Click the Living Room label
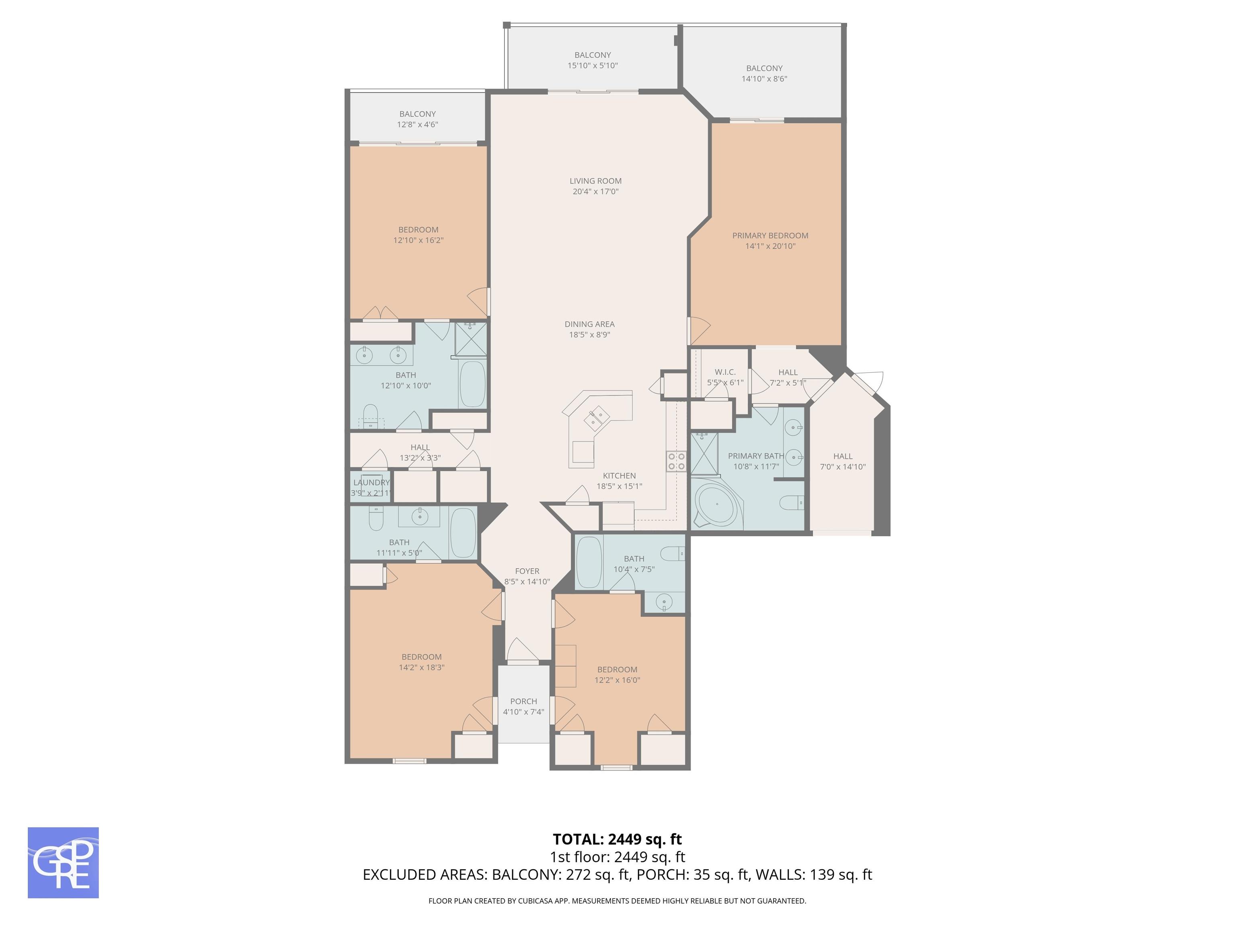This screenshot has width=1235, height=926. pyautogui.click(x=595, y=181)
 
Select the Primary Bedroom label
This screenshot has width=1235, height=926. pyautogui.click(x=770, y=236)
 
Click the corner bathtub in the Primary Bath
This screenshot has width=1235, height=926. pyautogui.click(x=716, y=507)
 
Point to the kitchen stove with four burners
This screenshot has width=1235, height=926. pyautogui.click(x=676, y=461)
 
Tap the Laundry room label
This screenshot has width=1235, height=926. pyautogui.click(x=371, y=482)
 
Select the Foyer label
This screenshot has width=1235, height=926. pyautogui.click(x=527, y=571)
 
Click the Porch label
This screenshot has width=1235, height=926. pyautogui.click(x=524, y=701)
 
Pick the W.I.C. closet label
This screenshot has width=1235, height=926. pyautogui.click(x=725, y=372)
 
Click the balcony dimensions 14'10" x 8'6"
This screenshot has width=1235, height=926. pyautogui.click(x=764, y=79)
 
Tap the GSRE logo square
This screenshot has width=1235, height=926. pyautogui.click(x=63, y=862)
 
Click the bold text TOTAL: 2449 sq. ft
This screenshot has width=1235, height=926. pyautogui.click(x=617, y=839)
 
